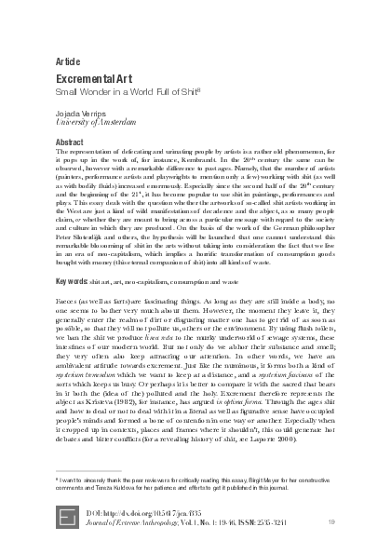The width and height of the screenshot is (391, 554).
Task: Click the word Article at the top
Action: [71, 61]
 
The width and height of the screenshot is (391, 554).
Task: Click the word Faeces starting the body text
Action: [68, 303]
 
